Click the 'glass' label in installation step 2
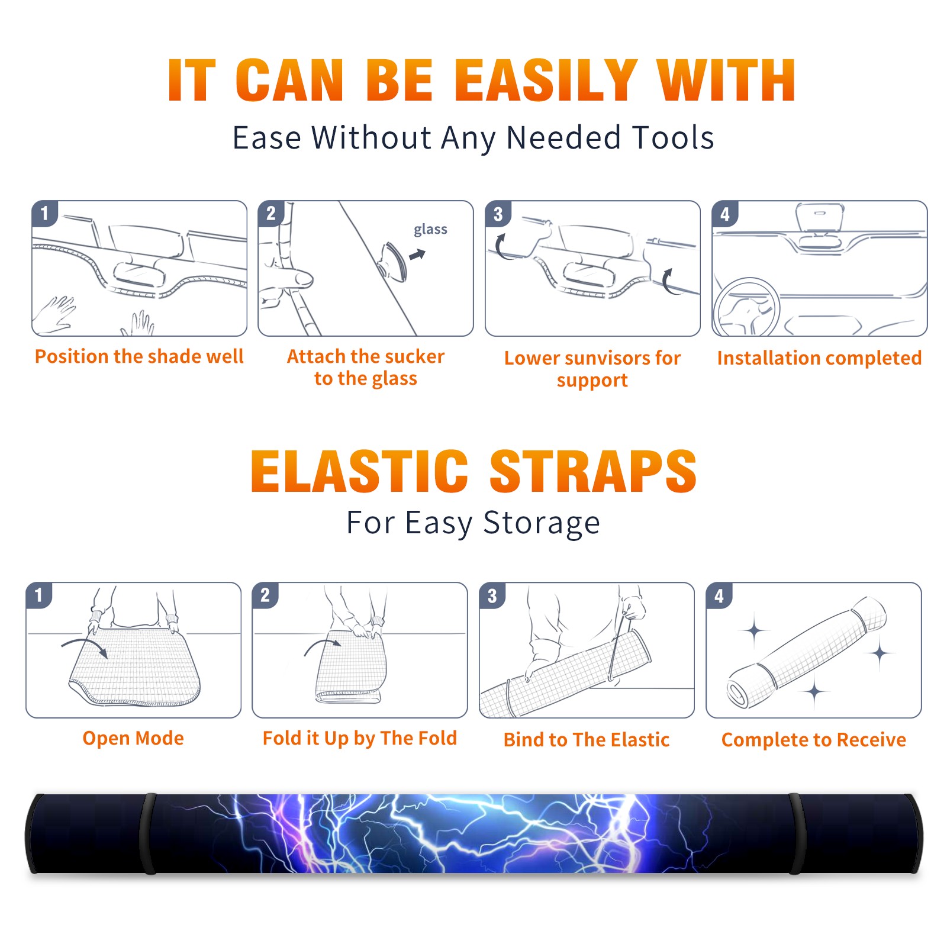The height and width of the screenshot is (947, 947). pos(430,230)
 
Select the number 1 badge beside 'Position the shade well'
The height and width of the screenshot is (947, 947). pos(45,213)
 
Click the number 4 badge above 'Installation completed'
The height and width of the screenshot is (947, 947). pos(724,214)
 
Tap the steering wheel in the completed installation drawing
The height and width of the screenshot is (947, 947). pos(746,308)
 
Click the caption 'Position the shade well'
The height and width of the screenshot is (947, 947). pos(139,356)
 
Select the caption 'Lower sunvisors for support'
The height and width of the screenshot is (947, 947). pos(592,369)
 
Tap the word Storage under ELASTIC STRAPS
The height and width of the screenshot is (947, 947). pos(542,524)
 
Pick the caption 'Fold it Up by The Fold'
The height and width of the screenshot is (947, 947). pos(360,739)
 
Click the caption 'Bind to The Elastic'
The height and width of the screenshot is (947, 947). pos(587,740)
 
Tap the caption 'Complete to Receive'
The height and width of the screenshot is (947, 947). pos(814,740)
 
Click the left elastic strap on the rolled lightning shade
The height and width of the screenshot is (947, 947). pos(149,833)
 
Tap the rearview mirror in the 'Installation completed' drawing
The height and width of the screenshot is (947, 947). pos(819,217)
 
